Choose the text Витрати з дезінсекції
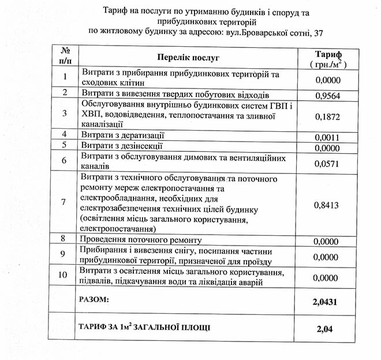click(123, 145)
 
